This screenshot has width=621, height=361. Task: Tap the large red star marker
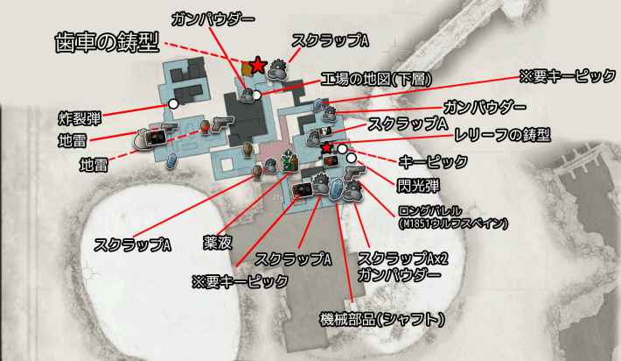(258, 65)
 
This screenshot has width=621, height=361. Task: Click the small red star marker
(326, 147)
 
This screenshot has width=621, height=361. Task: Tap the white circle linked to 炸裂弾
(173, 103)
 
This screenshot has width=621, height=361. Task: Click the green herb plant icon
(290, 161)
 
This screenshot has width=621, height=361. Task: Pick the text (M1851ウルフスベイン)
(452, 224)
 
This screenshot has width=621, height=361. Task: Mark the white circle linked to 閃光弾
(352, 159)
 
